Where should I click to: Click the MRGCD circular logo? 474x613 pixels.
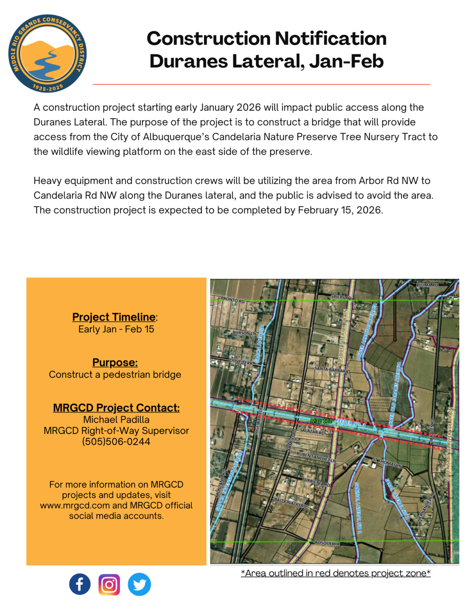(47, 54)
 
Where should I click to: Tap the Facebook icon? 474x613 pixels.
(80, 584)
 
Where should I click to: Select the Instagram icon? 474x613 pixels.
(109, 584)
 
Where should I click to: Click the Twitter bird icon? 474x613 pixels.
(139, 584)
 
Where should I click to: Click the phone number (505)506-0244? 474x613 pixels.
(116, 441)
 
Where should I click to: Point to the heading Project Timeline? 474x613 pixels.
(114, 317)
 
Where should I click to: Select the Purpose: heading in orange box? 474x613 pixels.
(115, 362)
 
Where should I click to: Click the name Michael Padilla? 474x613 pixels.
(116, 419)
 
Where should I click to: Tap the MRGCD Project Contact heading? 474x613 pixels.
(116, 408)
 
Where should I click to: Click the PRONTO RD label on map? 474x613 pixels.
(233, 300)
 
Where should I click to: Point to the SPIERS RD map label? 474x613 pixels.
(341, 297)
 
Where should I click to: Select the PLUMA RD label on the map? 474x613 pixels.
(427, 285)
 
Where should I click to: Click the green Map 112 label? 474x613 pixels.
(321, 421)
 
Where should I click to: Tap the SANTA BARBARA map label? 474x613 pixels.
(331, 369)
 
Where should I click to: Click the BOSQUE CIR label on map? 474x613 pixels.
(327, 543)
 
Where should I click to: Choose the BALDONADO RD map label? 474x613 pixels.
(290, 502)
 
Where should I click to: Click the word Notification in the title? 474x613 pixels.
(330, 38)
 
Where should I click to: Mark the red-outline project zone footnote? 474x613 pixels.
(336, 573)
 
